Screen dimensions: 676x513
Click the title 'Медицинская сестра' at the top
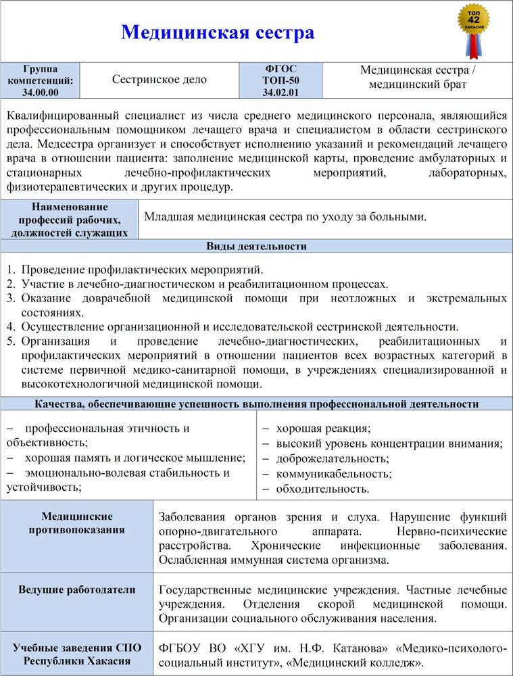pos(217,32)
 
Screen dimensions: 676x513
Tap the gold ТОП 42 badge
pos(474,20)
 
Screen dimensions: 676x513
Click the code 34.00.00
pos(40,93)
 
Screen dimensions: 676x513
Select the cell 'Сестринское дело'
pos(159,79)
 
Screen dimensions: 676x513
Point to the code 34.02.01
pos(280,93)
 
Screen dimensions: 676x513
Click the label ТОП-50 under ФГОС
pos(280,80)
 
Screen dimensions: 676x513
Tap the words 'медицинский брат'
pos(417,85)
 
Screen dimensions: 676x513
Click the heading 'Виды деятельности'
pos(256,246)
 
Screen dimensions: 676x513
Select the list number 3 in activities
pos(11,297)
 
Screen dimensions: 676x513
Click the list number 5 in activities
pos(11,341)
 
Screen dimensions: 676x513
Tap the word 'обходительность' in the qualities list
pos(322,488)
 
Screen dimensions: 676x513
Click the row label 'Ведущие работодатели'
pos(76,590)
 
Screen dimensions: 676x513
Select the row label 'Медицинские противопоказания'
pos(76,523)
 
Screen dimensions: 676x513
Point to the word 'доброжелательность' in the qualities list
pos(332,458)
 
